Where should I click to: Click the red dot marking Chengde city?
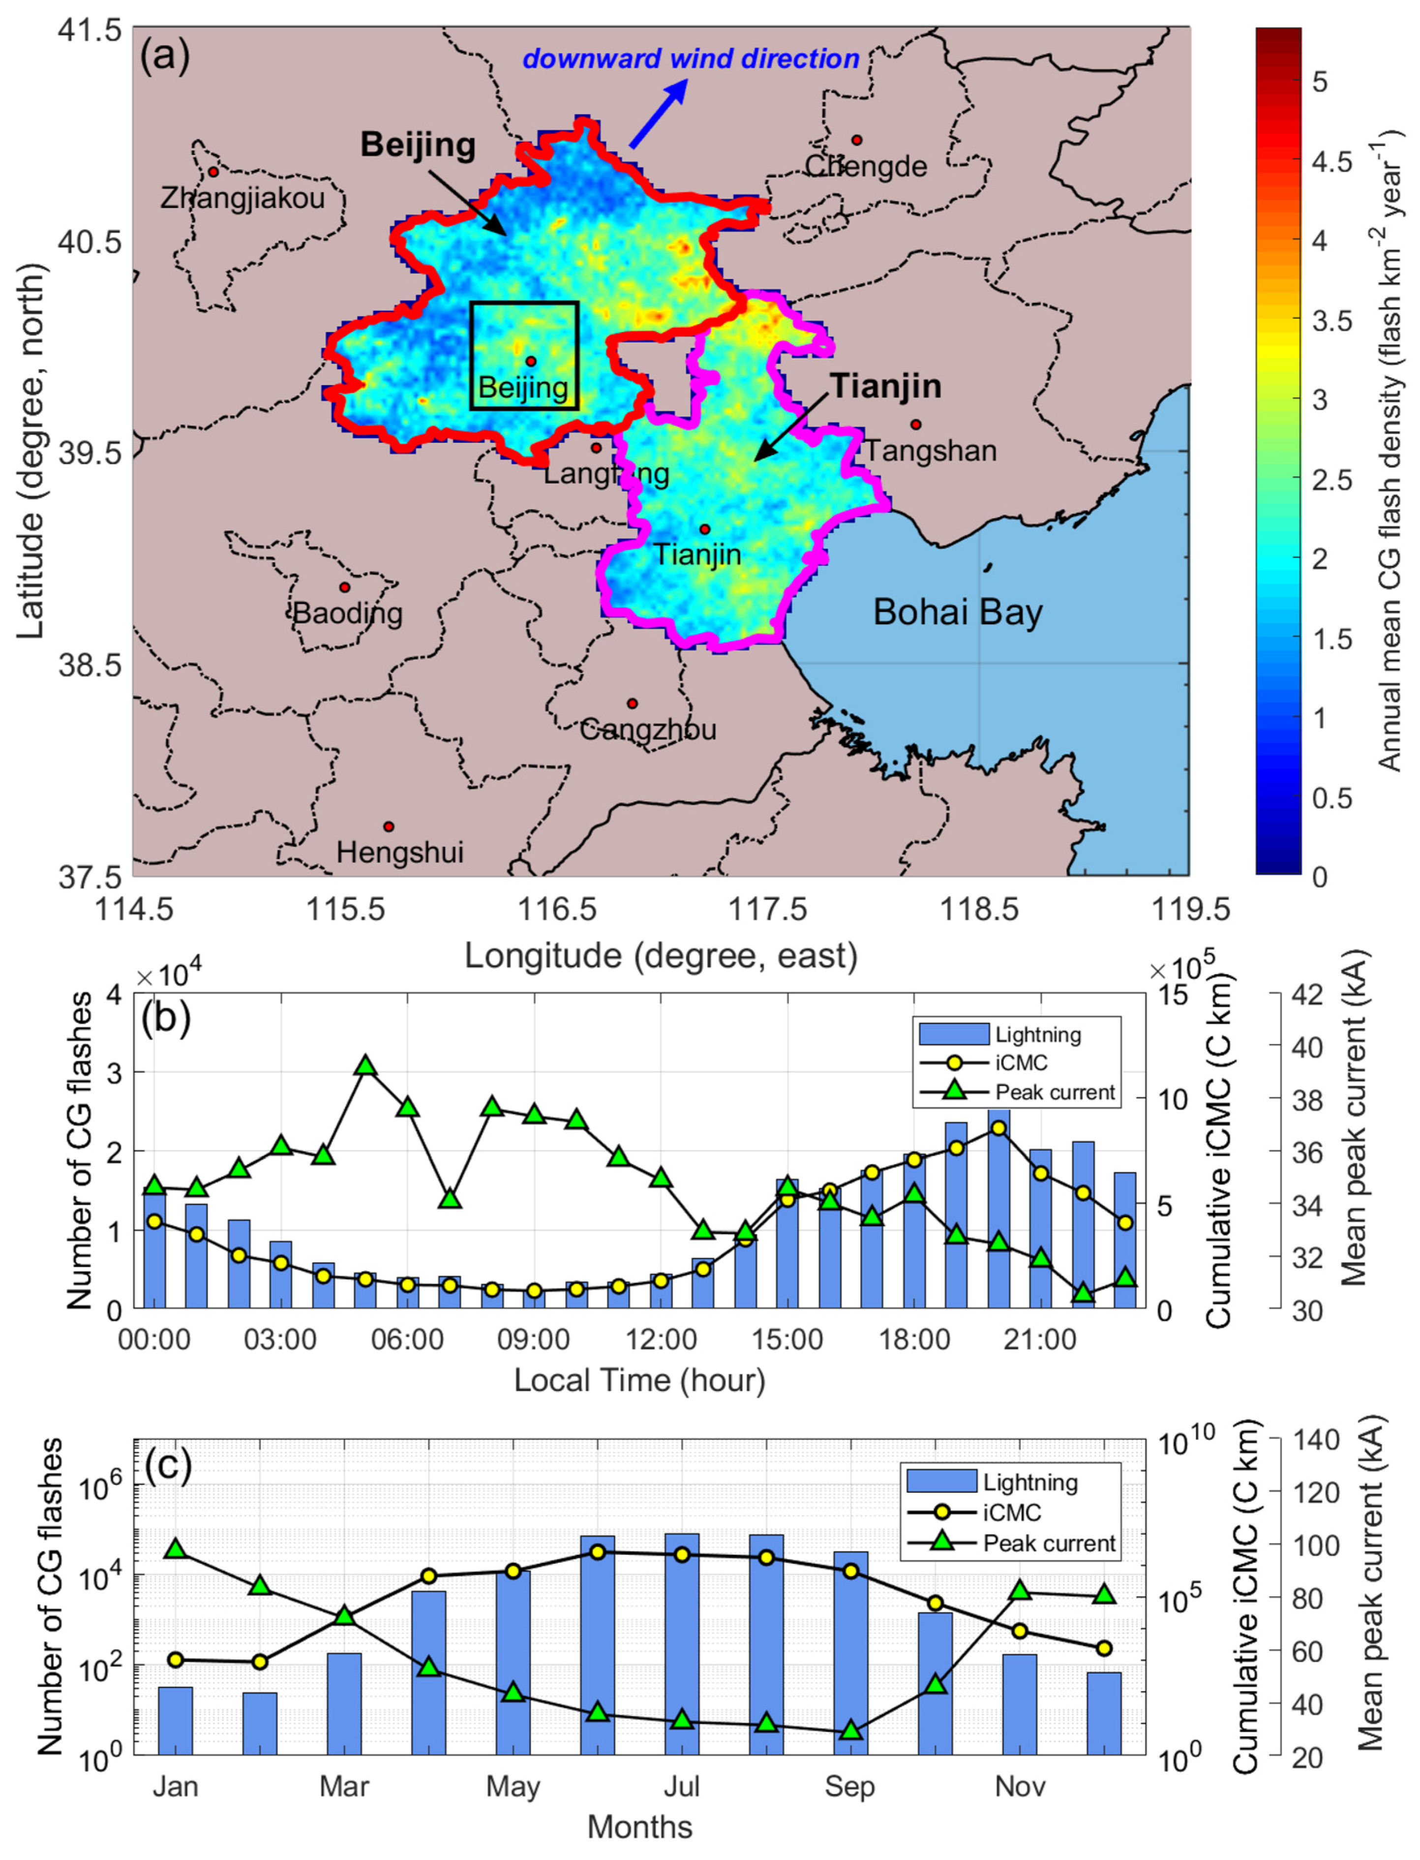[856, 140]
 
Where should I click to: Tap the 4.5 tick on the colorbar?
[1331, 161]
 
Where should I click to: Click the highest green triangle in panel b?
[365, 1065]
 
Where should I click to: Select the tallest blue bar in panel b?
[998, 1209]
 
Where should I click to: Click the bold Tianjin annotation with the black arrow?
[886, 386]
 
